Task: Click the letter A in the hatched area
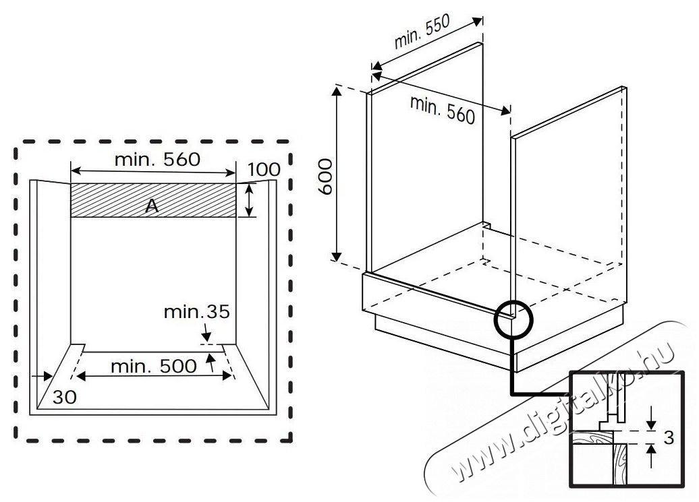point(152,207)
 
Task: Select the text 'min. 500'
point(154,367)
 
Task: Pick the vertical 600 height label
point(325,177)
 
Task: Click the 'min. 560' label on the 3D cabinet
point(443,109)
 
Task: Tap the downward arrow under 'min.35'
point(206,335)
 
